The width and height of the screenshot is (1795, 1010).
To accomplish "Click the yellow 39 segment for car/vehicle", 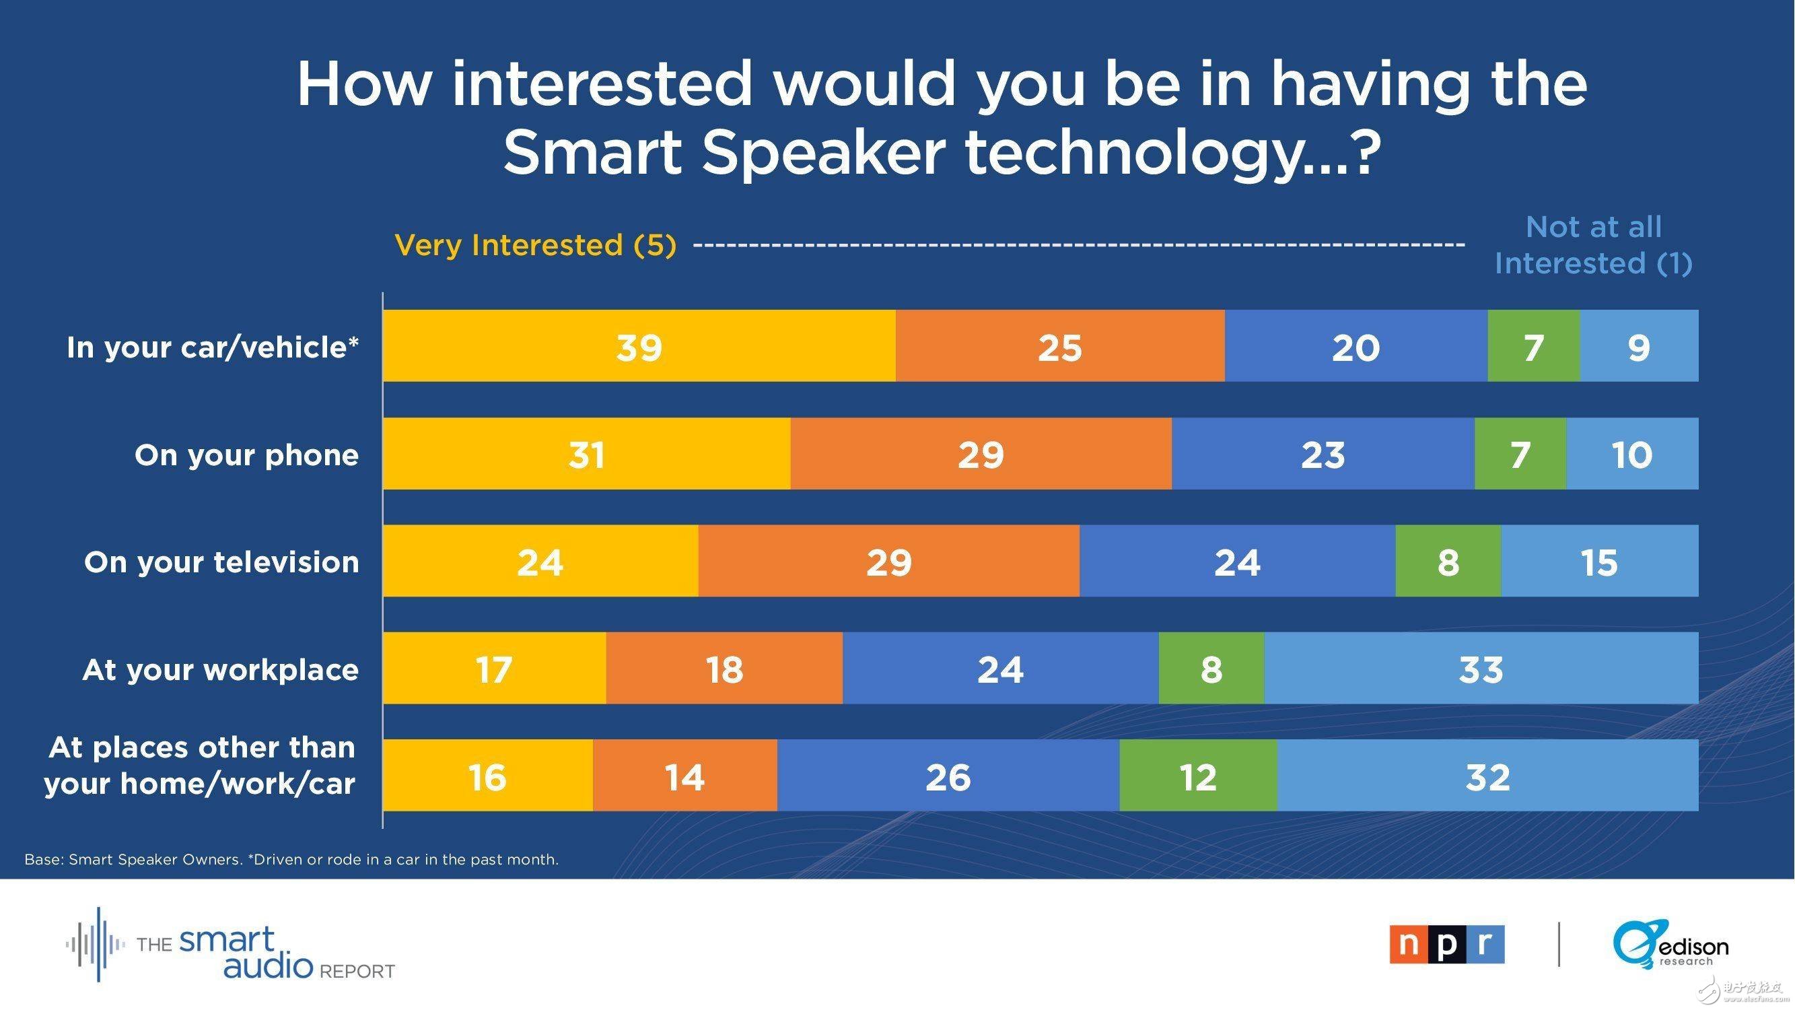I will (x=639, y=345).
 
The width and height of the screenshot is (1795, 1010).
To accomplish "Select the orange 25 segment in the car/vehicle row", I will (x=1060, y=345).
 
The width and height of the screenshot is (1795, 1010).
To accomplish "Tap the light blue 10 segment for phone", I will (x=1632, y=454).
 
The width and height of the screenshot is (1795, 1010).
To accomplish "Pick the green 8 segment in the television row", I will (x=1448, y=561).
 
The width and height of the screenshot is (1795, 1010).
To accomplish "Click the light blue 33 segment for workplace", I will (x=1481, y=669).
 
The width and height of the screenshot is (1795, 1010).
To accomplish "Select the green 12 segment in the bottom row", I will (x=1199, y=776).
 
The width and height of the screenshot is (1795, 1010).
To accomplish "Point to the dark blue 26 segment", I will (x=948, y=776).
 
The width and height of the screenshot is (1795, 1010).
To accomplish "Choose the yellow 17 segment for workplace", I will (x=494, y=669).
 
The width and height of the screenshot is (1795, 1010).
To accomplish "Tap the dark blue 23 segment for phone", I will (x=1323, y=454).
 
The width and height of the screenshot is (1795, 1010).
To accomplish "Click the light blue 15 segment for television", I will (x=1599, y=561).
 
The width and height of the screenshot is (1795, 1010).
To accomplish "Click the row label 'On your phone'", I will (x=247, y=454).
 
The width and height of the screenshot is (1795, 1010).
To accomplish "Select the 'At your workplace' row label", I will (x=221, y=669).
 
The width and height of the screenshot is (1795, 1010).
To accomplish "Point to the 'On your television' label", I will (x=221, y=562).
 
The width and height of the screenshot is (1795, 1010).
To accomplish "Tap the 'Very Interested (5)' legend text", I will (x=535, y=244).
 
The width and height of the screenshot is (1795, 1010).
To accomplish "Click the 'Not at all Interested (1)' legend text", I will (x=1593, y=244).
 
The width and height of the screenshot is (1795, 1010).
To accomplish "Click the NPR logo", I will (x=1446, y=944).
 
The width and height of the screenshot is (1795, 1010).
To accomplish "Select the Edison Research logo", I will (x=1670, y=944).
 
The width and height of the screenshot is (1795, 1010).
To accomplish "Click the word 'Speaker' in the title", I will (x=823, y=154).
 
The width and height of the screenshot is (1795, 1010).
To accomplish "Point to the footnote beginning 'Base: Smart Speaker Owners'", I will (x=291, y=859).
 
